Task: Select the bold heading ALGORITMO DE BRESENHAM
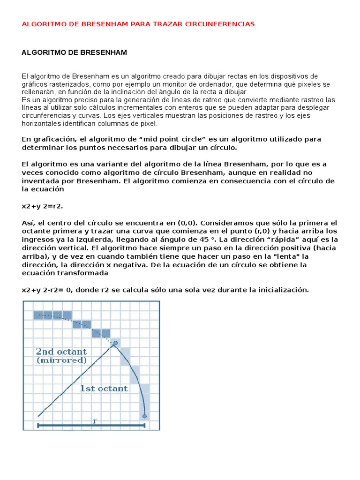click(x=75, y=52)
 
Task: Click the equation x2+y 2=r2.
click(x=42, y=206)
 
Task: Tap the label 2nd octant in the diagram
click(x=61, y=352)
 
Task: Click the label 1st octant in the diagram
click(x=103, y=388)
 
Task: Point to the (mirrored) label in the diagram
click(x=61, y=360)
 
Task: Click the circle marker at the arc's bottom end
click(x=144, y=416)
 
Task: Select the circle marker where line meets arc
click(x=115, y=344)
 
